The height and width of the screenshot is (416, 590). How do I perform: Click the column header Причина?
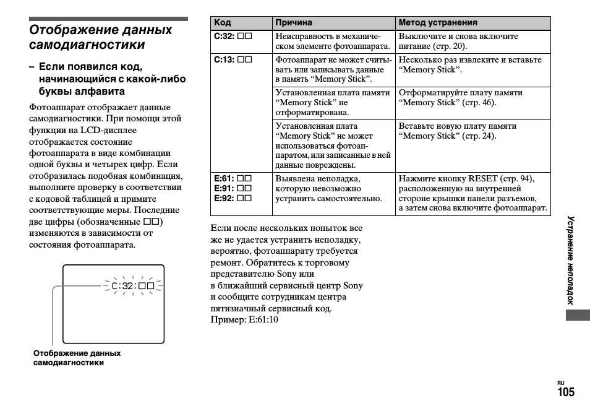click(294, 23)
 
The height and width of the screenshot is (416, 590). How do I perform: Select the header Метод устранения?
click(438, 23)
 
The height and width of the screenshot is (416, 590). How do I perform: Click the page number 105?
click(565, 392)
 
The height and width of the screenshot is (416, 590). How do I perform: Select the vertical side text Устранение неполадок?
click(571, 260)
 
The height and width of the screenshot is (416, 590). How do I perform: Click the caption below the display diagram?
click(77, 358)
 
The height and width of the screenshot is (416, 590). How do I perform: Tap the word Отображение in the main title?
click(66, 30)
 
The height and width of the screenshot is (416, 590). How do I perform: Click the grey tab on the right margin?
click(578, 315)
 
